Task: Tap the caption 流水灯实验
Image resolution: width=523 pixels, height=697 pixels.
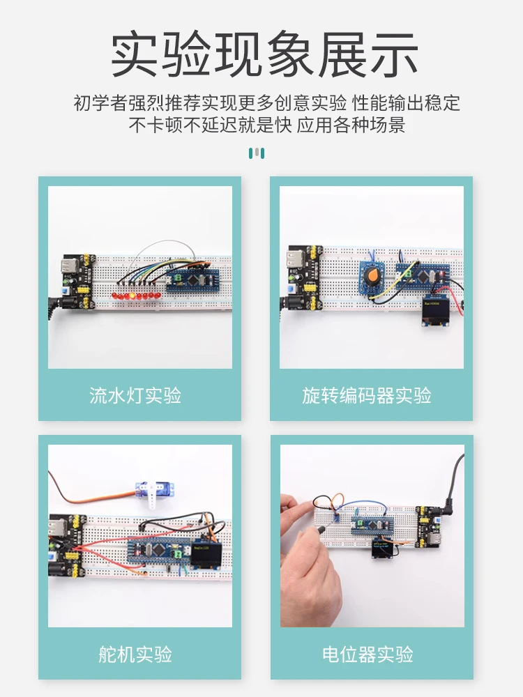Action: pos(135,396)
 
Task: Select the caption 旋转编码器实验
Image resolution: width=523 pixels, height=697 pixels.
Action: pos(367,396)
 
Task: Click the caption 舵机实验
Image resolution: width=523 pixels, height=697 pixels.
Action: pos(135,654)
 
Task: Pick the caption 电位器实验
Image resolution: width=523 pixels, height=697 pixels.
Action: pos(367,654)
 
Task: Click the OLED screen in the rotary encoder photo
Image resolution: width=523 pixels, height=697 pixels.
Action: pos(435,312)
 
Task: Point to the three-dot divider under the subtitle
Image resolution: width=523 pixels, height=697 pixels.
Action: pos(257,153)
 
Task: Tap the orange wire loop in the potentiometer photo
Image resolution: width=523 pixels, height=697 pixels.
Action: pos(335,500)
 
